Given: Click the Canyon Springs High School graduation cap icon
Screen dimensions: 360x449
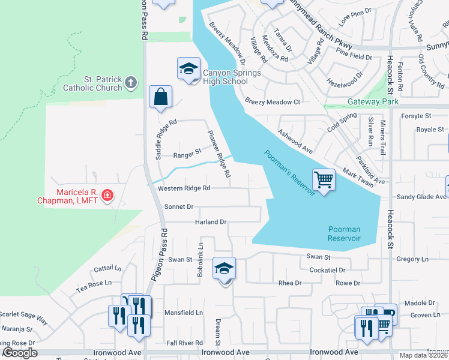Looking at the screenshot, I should pos(188,68).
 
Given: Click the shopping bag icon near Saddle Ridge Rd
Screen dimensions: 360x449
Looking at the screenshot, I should pos(160,97).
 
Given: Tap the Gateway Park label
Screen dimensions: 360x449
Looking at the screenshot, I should pos(373,102).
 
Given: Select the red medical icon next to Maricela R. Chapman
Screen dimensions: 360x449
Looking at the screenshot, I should pos(107,195).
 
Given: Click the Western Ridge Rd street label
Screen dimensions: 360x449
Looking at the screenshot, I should pos(184,188).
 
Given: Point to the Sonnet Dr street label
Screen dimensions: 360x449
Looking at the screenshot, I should pos(178,206).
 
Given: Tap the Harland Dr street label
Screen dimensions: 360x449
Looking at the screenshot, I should pos(210,222).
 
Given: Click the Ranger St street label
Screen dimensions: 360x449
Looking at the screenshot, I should pos(187,155).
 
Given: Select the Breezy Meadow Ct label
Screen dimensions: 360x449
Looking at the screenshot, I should pos(272,102).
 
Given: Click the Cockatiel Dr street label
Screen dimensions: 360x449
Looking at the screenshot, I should pos(327,271).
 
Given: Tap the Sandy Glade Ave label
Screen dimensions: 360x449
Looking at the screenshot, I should pos(422,196).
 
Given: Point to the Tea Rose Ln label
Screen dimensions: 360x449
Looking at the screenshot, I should pos(94,283).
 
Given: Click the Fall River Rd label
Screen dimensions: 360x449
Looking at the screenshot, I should pos(184,343).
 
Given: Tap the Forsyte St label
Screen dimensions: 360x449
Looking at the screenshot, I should pos(416,115).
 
